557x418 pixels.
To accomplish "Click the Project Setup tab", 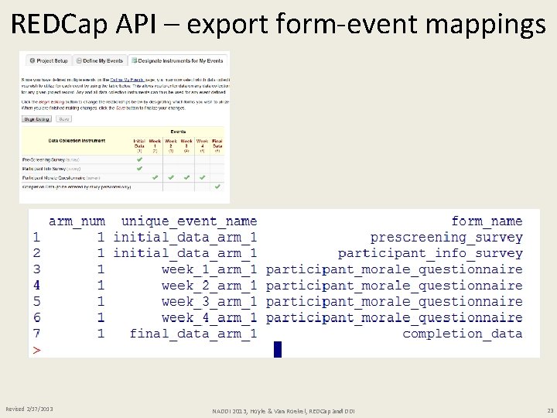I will coord(48,60).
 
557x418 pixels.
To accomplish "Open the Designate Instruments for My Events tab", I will coord(177,60).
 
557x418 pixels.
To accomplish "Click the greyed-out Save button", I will coord(64,119).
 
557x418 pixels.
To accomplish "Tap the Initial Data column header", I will coord(139,143).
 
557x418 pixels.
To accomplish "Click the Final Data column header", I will coord(217,143).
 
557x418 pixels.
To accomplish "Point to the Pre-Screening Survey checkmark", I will coord(139,159).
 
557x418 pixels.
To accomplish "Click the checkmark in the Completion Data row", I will coord(217,187).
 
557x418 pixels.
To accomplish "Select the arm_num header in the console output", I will coord(77,221).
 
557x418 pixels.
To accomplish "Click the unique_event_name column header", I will coord(189,221).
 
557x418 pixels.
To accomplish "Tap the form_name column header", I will coord(487,221).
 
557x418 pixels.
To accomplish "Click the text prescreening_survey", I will coord(446,238).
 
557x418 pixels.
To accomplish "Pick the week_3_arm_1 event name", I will coord(209,302).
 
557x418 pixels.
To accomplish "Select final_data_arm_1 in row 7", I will coord(193,334).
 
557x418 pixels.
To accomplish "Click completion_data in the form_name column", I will coord(462,334).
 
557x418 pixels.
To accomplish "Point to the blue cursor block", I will coord(278,350).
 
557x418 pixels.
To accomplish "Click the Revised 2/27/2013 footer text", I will coord(29,408).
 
